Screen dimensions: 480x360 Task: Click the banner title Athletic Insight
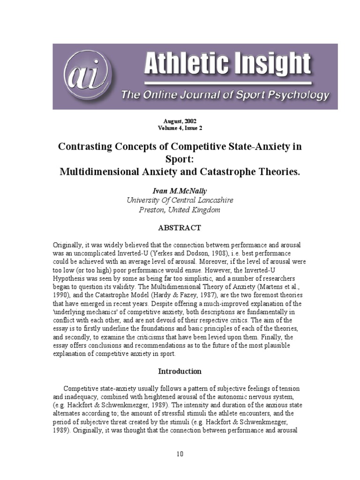227,65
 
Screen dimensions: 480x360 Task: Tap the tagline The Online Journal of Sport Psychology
225,96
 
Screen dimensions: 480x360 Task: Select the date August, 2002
180,121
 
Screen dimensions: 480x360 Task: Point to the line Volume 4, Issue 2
180,127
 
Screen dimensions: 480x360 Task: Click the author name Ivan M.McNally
180,191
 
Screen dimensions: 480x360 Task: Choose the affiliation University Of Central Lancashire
180,200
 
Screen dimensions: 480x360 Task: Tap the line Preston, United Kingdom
180,210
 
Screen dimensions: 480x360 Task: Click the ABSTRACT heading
180,228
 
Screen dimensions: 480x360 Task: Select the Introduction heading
180,371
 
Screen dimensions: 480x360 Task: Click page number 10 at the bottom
180,454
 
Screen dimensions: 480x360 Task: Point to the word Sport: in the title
180,159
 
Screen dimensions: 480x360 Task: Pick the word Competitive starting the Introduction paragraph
82,389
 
